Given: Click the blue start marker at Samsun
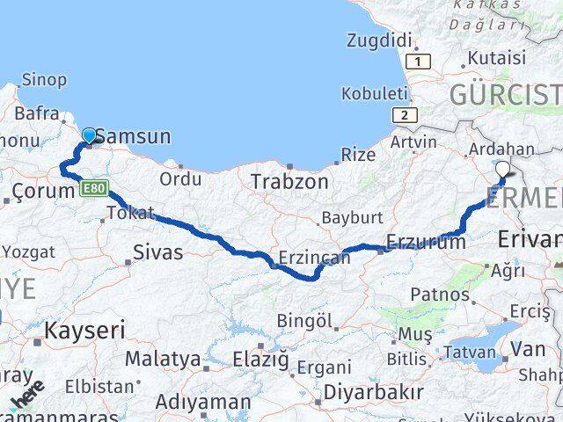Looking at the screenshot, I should point(89,135).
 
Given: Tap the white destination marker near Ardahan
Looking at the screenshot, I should point(502,170).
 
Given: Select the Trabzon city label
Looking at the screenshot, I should point(289,182).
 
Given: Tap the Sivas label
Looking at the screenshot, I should point(157,252).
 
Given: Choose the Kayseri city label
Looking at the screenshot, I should point(84,331).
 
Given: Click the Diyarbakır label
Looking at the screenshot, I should point(374,391).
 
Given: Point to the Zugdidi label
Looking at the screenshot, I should point(379,40).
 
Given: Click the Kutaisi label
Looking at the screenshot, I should point(497,58).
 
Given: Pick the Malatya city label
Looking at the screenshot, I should point(163,359).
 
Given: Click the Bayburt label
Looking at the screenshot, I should point(352,217).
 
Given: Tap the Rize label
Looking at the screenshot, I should point(357,155).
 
